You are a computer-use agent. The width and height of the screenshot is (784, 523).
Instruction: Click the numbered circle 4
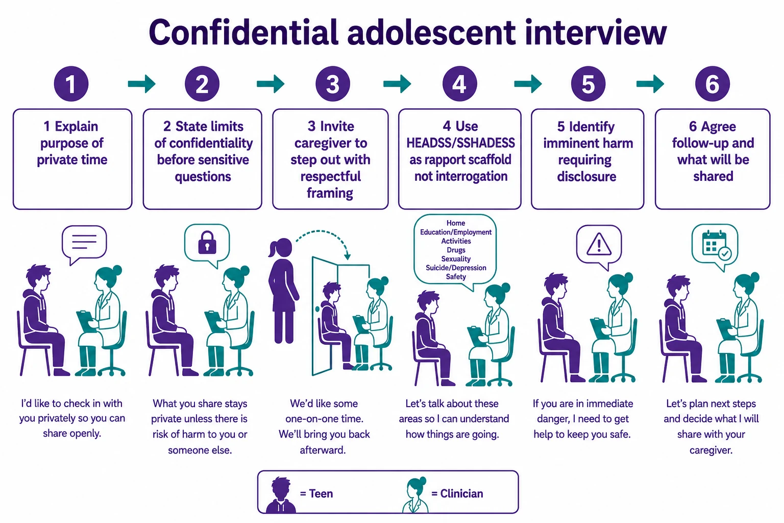point(459,84)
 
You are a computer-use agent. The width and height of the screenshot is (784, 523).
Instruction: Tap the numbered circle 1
point(71,84)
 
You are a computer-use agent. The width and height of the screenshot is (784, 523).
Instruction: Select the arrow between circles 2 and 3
point(271,84)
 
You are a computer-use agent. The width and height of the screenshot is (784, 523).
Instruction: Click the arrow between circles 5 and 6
point(650,84)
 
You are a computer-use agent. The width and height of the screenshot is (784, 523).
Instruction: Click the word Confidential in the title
point(243,32)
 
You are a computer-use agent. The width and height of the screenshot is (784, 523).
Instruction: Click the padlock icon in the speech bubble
point(207,243)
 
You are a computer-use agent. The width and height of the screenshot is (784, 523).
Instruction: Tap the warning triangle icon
point(599,244)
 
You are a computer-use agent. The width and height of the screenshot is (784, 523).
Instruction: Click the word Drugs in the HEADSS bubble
point(456,250)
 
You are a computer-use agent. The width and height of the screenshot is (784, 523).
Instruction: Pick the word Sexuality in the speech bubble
point(456,259)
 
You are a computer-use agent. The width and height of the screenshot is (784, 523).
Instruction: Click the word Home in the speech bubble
point(456,223)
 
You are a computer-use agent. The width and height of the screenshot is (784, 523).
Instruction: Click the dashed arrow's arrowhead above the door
point(347,256)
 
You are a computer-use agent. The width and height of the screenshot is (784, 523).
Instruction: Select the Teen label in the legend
point(316,493)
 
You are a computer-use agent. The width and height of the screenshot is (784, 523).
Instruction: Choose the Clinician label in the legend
point(457,493)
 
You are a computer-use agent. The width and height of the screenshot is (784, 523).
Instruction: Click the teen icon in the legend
point(280,494)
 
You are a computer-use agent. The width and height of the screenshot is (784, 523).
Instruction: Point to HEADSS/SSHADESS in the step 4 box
point(460,143)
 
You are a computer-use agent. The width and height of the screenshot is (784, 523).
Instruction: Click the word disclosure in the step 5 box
point(586,177)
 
